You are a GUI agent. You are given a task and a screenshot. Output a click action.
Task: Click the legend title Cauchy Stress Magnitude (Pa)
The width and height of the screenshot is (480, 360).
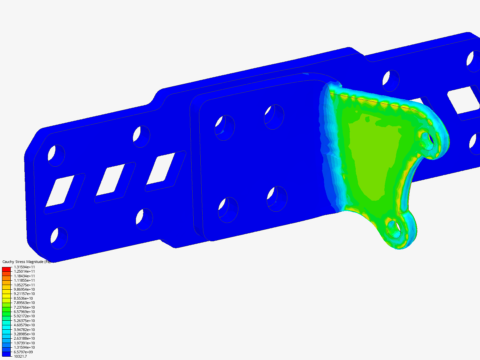pos(26,262)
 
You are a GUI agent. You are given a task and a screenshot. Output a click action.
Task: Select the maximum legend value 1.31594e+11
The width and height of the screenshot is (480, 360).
pos(24,267)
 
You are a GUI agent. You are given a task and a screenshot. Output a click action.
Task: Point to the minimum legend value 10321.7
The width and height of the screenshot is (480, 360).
pos(20,356)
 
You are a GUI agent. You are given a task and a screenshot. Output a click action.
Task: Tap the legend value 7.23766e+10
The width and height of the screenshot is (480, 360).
pos(24,307)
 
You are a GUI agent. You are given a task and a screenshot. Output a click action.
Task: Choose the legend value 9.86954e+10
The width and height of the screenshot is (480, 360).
pos(24,289)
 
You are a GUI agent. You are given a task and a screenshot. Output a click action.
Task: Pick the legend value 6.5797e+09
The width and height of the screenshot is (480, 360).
pos(23,352)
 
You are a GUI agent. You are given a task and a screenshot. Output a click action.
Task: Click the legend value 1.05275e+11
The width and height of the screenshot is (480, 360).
pos(24,285)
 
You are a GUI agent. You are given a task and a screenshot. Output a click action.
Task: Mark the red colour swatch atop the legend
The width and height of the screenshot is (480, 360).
pos(6,269)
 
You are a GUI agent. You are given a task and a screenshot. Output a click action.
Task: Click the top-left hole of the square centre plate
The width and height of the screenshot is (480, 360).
pos(225,127)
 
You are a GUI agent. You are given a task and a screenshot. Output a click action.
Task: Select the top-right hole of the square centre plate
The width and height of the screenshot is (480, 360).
pos(274,117)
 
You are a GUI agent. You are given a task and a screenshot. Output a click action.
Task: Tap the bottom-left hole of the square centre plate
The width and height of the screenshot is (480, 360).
pos(228,210)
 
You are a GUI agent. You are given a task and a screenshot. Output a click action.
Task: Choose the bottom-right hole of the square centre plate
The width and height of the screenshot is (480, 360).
pos(277,199)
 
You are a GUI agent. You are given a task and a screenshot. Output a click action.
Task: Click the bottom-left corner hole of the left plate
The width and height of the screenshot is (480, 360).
pos(59,238)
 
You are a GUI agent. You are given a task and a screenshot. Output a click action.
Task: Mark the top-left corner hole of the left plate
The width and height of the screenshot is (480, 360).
pos(56,155)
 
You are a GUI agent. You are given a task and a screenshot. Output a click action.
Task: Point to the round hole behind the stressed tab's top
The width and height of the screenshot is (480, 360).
pos(391,81)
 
